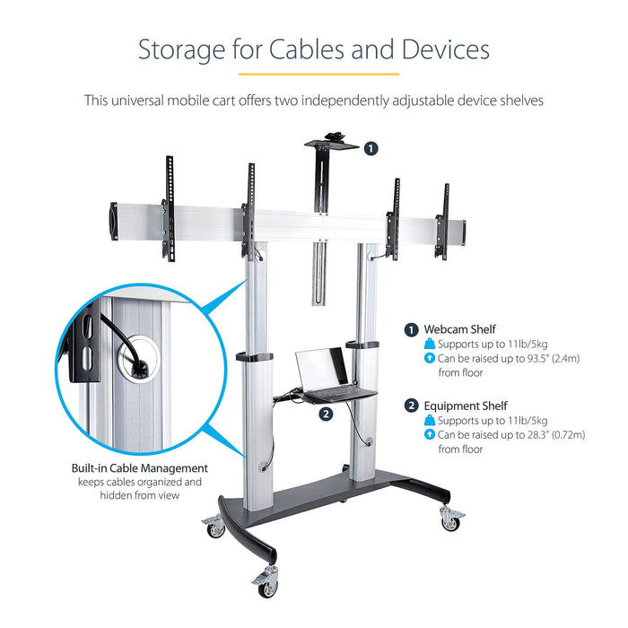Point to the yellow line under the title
click(x=313, y=74)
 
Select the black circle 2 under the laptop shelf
click(x=326, y=414)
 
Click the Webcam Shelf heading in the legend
click(x=459, y=329)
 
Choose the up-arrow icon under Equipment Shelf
click(x=430, y=435)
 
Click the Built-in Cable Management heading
click(x=139, y=467)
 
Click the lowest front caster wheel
click(x=267, y=585)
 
